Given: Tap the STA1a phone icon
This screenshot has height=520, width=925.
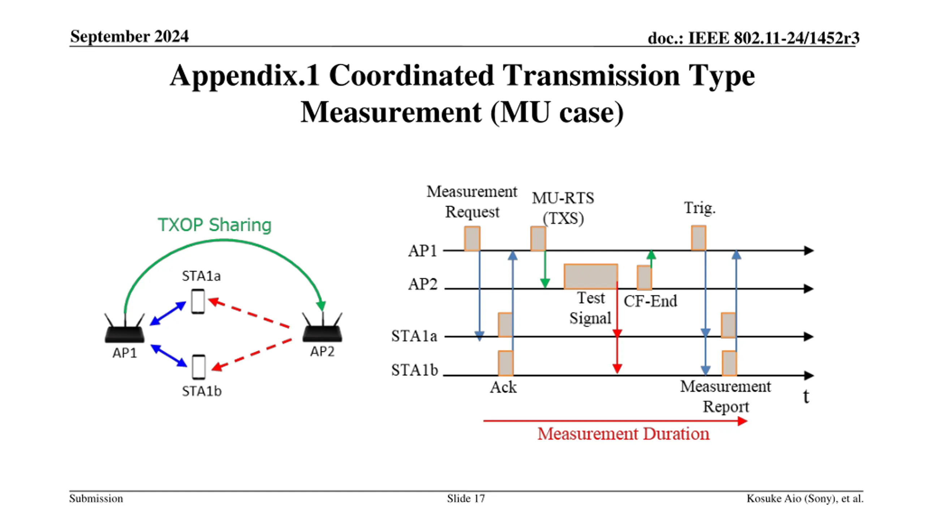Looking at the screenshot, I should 198,302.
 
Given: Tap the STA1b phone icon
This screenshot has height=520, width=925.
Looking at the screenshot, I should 199,367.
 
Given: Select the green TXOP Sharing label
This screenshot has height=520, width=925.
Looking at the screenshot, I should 215,225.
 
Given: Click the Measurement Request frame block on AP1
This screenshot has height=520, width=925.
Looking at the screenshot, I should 472,238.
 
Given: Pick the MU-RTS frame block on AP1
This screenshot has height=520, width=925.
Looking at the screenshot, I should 538,238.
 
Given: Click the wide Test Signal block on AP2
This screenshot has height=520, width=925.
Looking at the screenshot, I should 591,277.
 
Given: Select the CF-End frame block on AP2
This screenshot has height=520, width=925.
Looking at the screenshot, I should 644,277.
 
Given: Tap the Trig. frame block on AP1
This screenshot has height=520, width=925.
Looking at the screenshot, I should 698,238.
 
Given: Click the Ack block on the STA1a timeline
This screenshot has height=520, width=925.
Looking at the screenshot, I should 505,325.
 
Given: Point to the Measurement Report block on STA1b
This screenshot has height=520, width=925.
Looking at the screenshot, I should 729,363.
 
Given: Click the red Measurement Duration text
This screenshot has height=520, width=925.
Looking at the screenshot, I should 623,434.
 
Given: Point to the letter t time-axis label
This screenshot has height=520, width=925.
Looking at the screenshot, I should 806,396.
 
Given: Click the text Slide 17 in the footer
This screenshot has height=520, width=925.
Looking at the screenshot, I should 466,499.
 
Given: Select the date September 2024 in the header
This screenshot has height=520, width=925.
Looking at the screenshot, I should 129,36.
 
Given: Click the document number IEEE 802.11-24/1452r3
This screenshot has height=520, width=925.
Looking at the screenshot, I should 773,38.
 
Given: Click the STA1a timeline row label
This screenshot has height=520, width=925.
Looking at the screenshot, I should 414,336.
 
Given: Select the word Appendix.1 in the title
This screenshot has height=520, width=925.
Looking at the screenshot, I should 245,76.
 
